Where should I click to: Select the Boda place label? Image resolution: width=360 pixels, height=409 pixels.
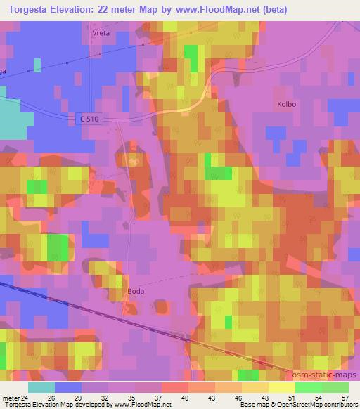click(136, 289)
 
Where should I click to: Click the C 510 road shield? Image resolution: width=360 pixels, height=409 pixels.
click(89, 120)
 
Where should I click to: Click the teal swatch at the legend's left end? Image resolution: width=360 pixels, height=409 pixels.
click(41, 387)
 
